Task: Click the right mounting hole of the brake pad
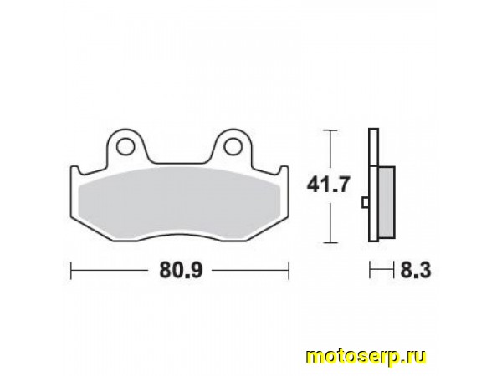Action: pyautogui.click(x=230, y=149)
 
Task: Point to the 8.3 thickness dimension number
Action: pyautogui.click(x=411, y=270)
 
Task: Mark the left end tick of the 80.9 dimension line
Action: pyautogui.click(x=71, y=270)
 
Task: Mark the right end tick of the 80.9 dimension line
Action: pyautogui.click(x=289, y=270)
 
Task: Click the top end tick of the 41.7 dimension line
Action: pyautogui.click(x=330, y=130)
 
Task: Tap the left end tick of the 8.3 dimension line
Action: pyautogui.click(x=369, y=270)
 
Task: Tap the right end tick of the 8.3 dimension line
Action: pyautogui.click(x=392, y=270)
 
